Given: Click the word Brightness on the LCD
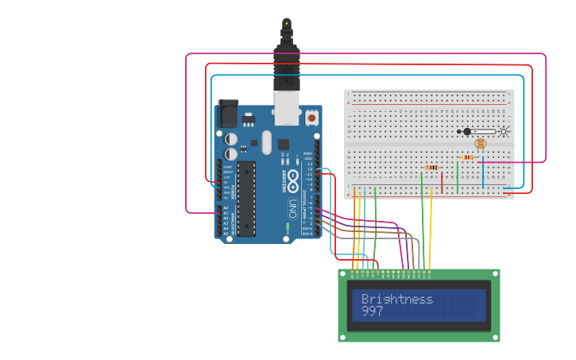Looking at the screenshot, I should [396, 299].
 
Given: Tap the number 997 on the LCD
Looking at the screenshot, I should [372, 312].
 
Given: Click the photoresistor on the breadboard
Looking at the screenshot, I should [479, 144].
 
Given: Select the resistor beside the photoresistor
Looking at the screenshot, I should [467, 157].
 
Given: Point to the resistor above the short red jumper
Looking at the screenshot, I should [432, 167].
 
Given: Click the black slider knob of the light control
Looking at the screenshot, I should [467, 131].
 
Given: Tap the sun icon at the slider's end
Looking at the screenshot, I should [503, 131].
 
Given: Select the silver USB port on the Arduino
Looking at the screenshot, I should [286, 109].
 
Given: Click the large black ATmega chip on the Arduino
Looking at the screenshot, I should [246, 198].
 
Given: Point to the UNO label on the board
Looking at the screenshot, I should [292, 208].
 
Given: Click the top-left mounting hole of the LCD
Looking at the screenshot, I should [344, 274].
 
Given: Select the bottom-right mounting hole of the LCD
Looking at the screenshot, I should [495, 337].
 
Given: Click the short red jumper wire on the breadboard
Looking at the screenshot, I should [442, 182].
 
